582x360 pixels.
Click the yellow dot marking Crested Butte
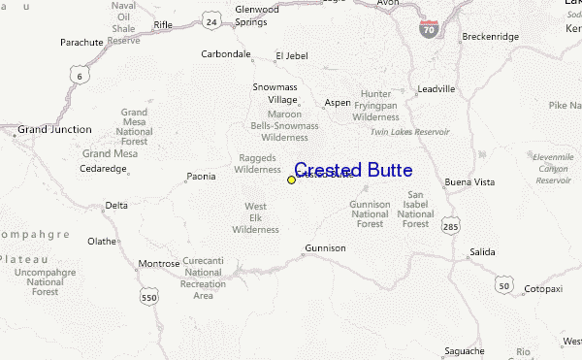[291, 180]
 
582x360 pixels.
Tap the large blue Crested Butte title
[353, 171]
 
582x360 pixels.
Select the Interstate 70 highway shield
[428, 28]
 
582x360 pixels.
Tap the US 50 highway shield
[502, 284]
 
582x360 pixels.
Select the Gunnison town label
[325, 248]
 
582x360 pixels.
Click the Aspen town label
[338, 102]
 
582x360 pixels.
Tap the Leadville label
[436, 87]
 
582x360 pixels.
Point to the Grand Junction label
[55, 129]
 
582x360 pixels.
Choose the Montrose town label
[159, 263]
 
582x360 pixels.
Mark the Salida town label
[481, 251]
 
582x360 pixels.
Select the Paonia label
[203, 177]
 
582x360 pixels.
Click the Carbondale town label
[226, 54]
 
